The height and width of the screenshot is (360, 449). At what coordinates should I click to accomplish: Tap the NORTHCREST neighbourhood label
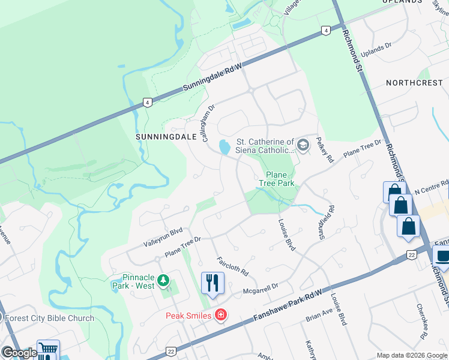click(414, 82)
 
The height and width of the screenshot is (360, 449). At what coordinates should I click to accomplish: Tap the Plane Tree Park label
click(277, 178)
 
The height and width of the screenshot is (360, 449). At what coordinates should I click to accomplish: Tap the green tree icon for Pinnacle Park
click(162, 281)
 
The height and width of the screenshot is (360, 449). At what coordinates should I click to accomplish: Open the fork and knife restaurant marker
click(212, 283)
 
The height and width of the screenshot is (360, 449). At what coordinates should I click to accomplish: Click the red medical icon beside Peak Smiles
click(221, 315)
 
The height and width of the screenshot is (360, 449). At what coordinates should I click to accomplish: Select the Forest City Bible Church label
click(49, 318)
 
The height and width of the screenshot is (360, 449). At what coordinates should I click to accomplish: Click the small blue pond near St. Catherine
click(224, 146)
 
